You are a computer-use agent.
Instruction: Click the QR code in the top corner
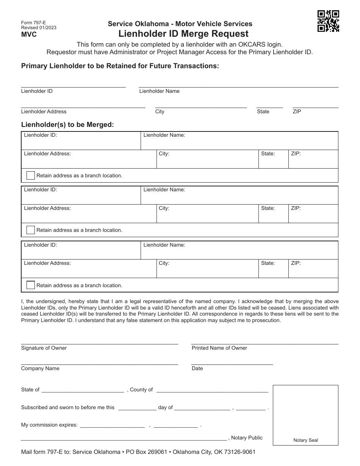[328, 21]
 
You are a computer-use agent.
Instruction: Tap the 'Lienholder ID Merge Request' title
[183, 34]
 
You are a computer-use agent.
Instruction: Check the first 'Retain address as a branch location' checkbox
[31, 175]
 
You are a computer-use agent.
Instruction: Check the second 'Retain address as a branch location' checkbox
[31, 230]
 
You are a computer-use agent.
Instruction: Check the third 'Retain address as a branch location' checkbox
[31, 285]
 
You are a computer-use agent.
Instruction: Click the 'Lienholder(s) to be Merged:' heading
[67, 124]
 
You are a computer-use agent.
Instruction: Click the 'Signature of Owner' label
[44, 348]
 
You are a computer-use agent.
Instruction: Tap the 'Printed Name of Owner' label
[219, 348]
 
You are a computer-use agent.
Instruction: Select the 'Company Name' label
[40, 369]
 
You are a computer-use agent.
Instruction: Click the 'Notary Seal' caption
[305, 440]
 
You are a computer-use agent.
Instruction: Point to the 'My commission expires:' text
[49, 425]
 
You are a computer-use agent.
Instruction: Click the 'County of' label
[141, 390]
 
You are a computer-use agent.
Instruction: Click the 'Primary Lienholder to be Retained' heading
[120, 66]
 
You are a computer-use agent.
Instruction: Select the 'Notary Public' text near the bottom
[247, 438]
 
